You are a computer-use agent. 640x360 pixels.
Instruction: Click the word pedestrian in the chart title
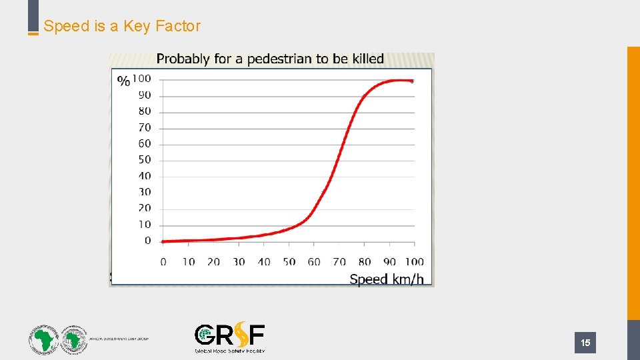280,59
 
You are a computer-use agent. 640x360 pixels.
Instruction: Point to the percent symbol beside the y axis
123,81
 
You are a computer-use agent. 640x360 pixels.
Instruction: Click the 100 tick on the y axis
141,79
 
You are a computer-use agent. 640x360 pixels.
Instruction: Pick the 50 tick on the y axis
144,159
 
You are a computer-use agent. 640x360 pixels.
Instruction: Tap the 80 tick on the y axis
144,111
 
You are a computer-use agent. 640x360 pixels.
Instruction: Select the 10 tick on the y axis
144,224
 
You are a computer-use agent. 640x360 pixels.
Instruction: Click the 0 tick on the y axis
147,240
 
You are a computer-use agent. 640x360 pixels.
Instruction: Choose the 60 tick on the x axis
314,261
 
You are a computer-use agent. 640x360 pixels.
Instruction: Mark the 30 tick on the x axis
239,261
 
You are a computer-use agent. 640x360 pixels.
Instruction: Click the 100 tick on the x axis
414,261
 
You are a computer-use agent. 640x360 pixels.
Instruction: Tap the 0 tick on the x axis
163,261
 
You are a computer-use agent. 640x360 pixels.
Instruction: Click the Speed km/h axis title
386,279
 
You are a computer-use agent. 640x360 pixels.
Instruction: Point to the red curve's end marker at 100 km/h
412,81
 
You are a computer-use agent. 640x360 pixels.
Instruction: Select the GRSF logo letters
229,335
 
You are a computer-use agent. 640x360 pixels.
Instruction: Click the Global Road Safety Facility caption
229,350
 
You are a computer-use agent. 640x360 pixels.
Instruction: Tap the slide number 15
585,343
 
